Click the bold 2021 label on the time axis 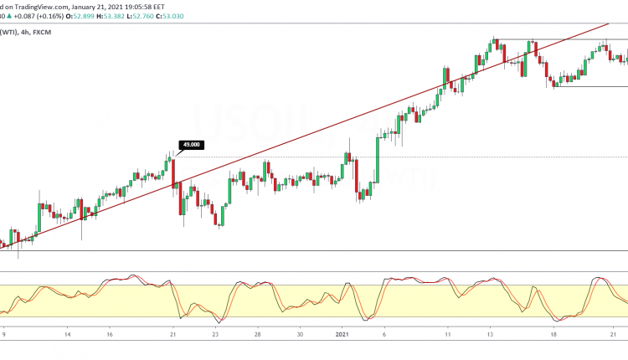point(343,334)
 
